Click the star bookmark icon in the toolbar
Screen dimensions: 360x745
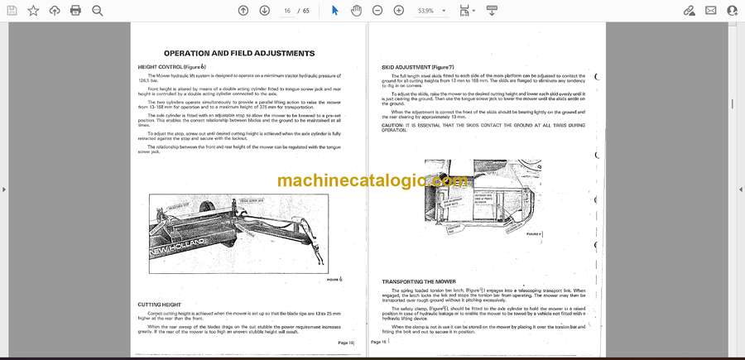pyautogui.click(x=33, y=10)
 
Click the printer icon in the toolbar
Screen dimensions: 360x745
pyautogui.click(x=75, y=10)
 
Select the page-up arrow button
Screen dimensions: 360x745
pyautogui.click(x=243, y=10)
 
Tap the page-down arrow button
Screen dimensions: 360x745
pyautogui.click(x=264, y=10)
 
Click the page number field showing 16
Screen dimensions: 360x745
pyautogui.click(x=286, y=11)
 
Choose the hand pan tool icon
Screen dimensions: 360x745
pyautogui.click(x=356, y=10)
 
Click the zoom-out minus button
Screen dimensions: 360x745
pyautogui.click(x=377, y=10)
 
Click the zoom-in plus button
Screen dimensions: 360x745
pyautogui.click(x=399, y=10)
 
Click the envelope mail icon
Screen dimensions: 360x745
pyautogui.click(x=710, y=10)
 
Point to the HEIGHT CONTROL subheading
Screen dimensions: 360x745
pyautogui.click(x=171, y=66)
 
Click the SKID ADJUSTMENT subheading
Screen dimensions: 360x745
pyautogui.click(x=417, y=66)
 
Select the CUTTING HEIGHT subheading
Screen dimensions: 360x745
pyautogui.click(x=159, y=305)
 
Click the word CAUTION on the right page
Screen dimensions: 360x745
pyautogui.click(x=394, y=125)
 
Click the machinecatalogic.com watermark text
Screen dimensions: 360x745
pyautogui.click(x=372, y=180)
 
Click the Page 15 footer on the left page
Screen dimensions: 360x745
pyautogui.click(x=345, y=342)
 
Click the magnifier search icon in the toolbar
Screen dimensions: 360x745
pyautogui.click(x=97, y=10)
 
